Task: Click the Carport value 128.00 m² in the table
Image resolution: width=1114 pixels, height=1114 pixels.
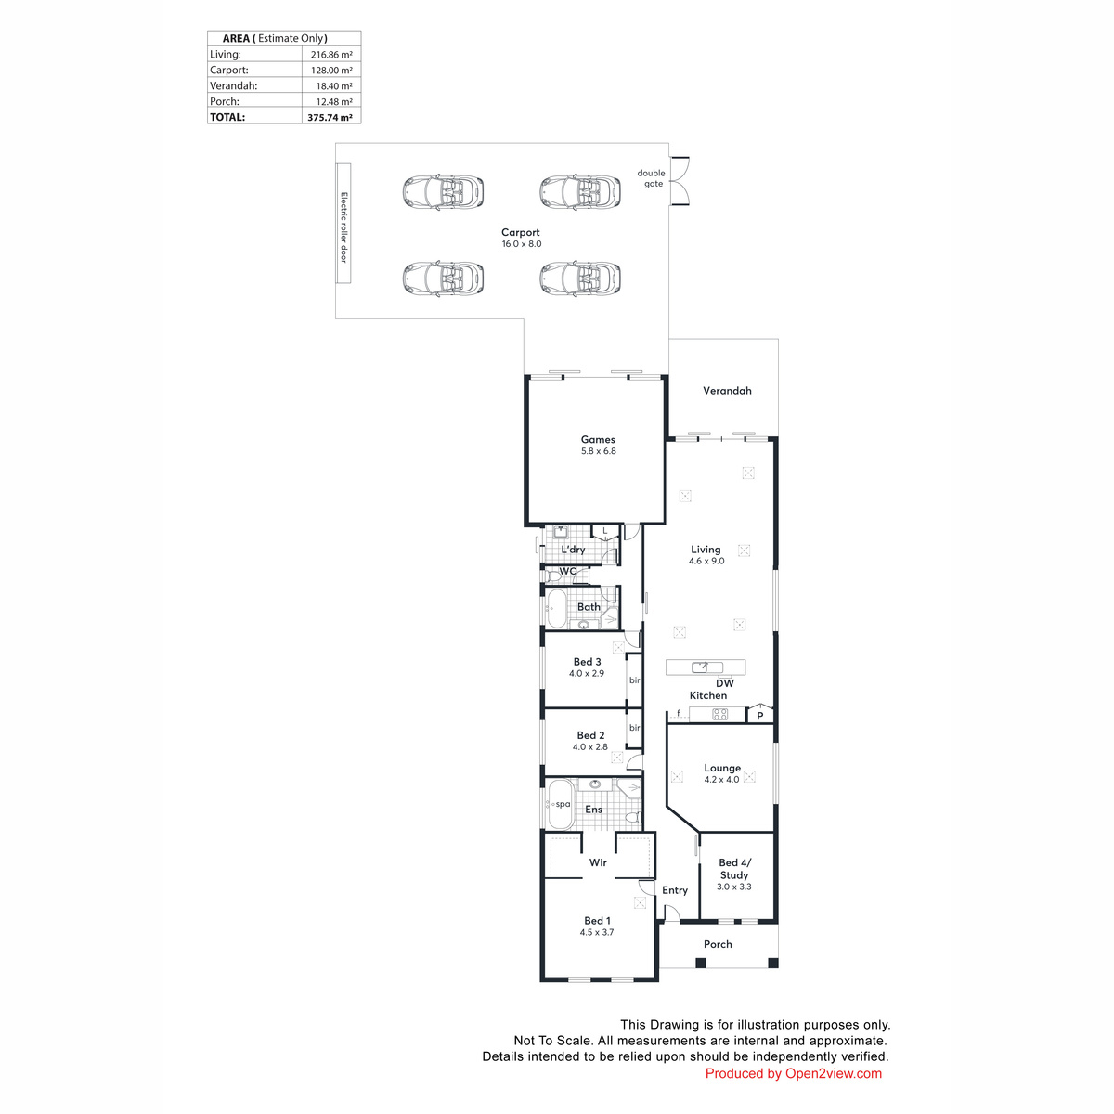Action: click(x=331, y=70)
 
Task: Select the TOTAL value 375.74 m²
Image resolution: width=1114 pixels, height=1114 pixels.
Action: click(x=330, y=117)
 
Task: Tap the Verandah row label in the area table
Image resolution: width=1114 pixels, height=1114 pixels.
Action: click(x=233, y=85)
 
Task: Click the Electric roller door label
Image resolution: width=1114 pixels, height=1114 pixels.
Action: click(x=343, y=227)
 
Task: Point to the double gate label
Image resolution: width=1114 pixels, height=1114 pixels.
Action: click(x=651, y=178)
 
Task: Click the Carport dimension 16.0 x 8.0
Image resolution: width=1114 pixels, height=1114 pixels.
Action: click(x=522, y=244)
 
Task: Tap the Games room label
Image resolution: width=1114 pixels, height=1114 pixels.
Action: click(x=598, y=439)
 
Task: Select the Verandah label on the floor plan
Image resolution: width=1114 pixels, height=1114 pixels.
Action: click(x=727, y=391)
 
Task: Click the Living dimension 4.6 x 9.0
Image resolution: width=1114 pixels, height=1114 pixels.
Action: click(x=706, y=561)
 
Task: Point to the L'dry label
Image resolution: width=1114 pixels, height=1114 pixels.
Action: click(x=573, y=550)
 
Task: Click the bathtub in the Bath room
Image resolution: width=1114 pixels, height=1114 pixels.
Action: click(x=557, y=608)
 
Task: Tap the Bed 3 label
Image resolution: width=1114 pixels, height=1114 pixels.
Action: click(x=587, y=662)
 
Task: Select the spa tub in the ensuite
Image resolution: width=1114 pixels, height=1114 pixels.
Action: click(x=560, y=804)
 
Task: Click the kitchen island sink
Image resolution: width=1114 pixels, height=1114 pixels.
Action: click(x=700, y=667)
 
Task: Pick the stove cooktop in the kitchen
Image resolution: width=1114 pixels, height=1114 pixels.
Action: click(x=719, y=715)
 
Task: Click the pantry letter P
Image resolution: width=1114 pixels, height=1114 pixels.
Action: click(x=760, y=716)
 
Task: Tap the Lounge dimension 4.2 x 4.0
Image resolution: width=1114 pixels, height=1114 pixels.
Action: click(x=721, y=779)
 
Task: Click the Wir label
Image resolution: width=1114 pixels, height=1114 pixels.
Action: click(x=598, y=862)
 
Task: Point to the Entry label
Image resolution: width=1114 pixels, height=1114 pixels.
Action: click(x=675, y=890)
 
